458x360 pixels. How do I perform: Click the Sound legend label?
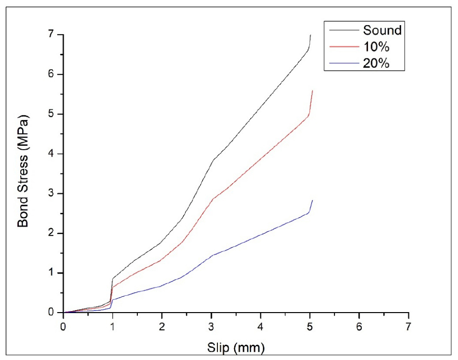[382, 30]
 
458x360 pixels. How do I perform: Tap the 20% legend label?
[377, 64]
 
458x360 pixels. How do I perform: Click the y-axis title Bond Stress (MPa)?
[23, 171]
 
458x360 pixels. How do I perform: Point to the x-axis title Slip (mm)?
[236, 348]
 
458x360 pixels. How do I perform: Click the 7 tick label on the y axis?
[51, 35]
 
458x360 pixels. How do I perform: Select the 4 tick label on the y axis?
[51, 154]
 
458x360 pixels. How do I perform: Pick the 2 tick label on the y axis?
[51, 234]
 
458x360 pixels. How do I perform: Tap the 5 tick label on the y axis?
[51, 114]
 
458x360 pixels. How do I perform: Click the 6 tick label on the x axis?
[359, 327]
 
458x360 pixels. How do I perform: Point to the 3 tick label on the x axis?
[211, 327]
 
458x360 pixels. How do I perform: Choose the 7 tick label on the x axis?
[408, 327]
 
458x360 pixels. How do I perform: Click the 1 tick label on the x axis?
[113, 327]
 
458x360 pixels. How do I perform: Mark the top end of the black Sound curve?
[310, 35]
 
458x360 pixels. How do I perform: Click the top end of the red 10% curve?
[313, 91]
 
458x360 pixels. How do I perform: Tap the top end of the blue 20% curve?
[313, 200]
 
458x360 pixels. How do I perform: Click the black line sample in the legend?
[342, 30]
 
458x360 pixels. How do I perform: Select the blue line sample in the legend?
[342, 64]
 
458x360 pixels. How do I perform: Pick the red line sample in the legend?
[342, 47]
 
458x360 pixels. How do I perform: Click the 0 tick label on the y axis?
[51, 313]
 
